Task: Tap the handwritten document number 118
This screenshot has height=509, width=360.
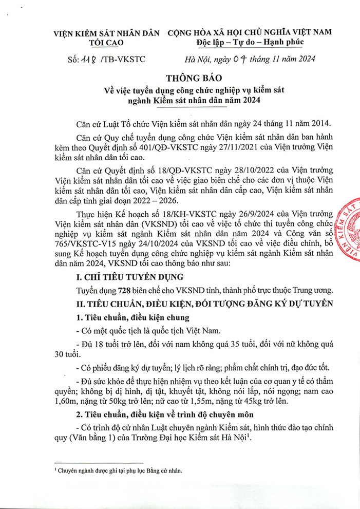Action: tap(84, 60)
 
